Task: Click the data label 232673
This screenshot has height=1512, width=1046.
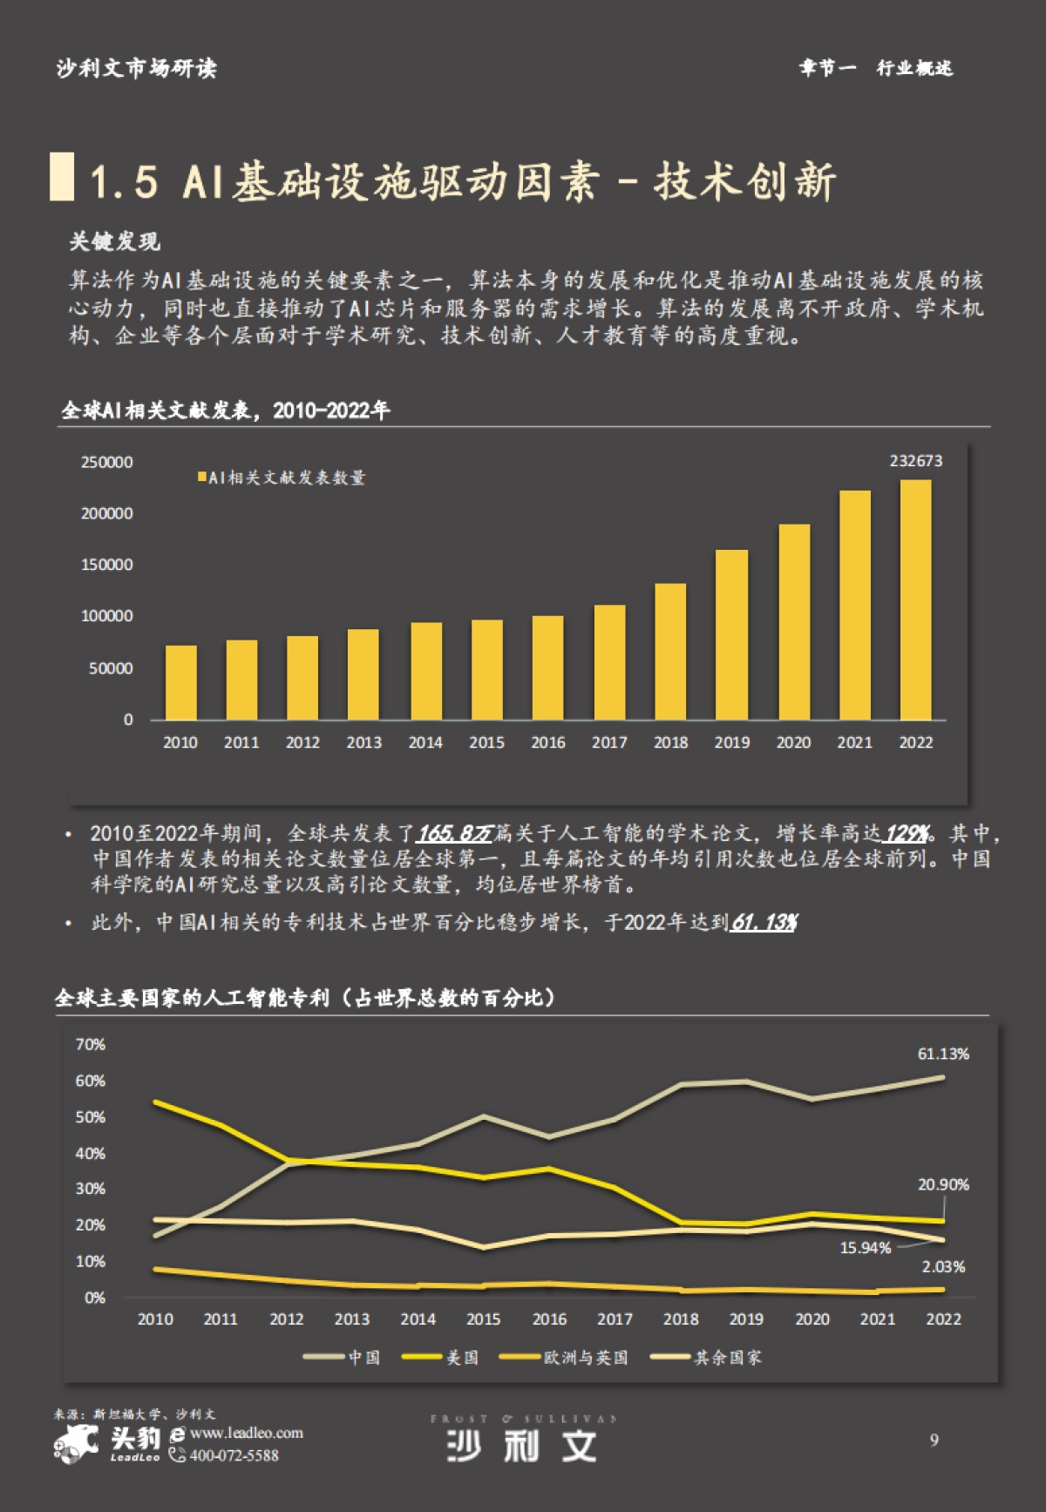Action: click(915, 461)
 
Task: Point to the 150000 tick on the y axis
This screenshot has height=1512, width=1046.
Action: click(107, 565)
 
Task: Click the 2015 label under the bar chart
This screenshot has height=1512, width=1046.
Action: click(486, 742)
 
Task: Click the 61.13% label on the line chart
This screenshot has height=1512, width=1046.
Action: click(942, 1054)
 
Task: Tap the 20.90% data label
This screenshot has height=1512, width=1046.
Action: click(942, 1184)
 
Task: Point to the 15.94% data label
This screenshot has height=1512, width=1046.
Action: click(865, 1248)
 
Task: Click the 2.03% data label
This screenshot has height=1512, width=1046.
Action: click(943, 1267)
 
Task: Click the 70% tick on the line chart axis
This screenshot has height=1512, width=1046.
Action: click(90, 1044)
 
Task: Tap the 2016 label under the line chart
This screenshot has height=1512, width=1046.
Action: click(549, 1319)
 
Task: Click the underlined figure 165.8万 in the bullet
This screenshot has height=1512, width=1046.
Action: click(454, 834)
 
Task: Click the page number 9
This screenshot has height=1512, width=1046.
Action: click(934, 1440)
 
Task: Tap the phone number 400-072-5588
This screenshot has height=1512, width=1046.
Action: click(234, 1455)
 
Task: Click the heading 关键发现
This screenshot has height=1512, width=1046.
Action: click(114, 241)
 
